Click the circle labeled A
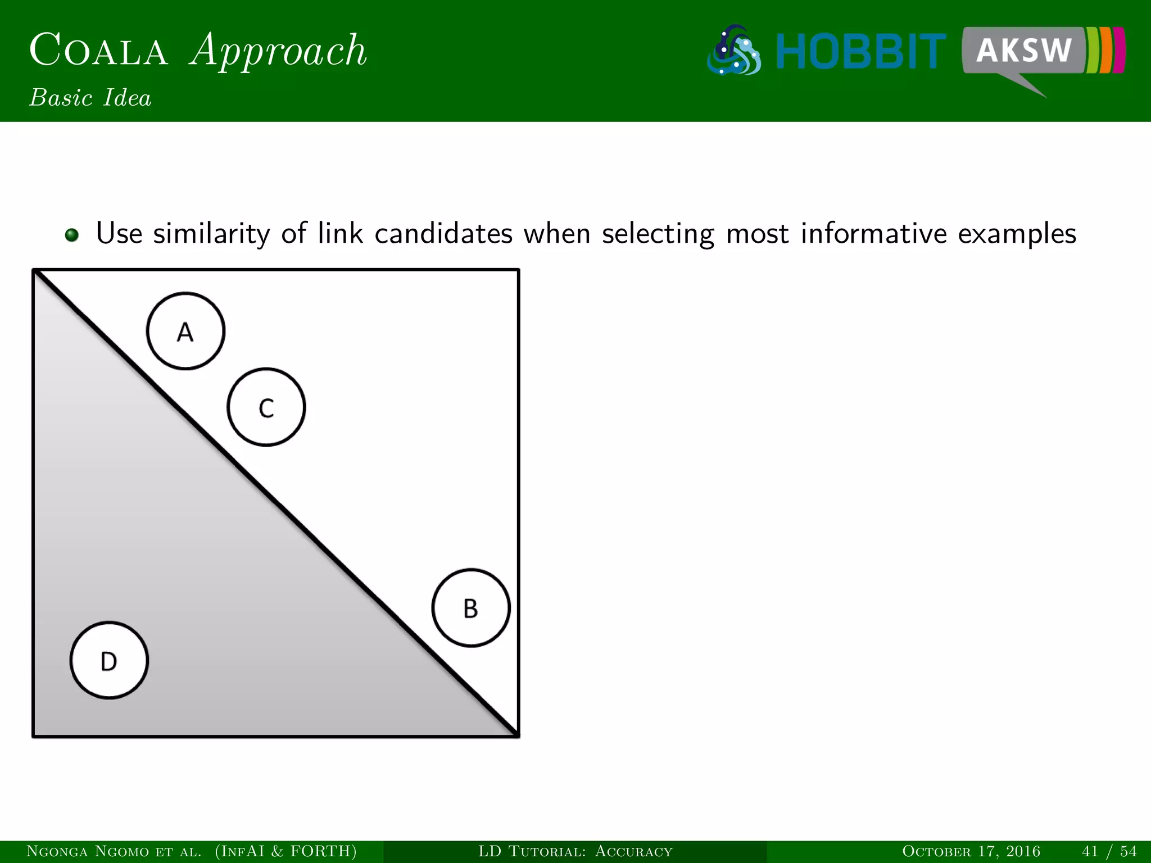click(185, 331)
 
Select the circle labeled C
click(266, 407)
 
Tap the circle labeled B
click(471, 608)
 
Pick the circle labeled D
click(109, 661)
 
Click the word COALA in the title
click(98, 51)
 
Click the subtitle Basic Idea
click(90, 98)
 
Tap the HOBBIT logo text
click(860, 52)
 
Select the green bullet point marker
click(71, 235)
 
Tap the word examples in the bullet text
click(1017, 234)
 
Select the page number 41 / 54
click(1109, 851)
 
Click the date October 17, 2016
click(971, 851)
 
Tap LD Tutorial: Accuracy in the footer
click(575, 851)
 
